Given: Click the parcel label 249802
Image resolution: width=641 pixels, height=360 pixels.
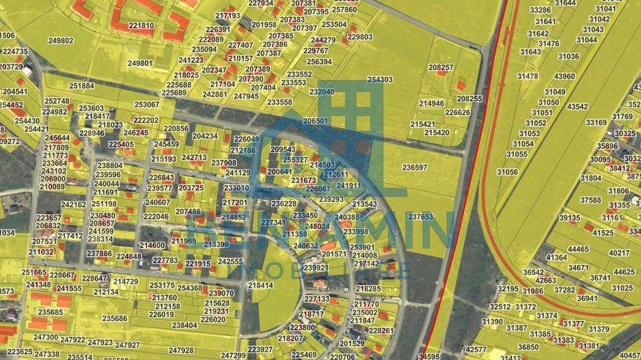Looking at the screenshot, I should click(x=61, y=41).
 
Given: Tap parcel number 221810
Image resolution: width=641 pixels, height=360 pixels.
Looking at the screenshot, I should click(x=141, y=26).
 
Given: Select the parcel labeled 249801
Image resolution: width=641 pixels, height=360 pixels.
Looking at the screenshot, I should click(x=140, y=63).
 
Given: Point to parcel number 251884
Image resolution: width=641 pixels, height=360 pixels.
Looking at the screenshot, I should click(x=81, y=86).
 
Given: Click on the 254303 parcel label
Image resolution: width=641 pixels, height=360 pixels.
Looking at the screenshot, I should click(x=380, y=80).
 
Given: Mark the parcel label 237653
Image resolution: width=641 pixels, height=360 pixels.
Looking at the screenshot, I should click(x=420, y=217).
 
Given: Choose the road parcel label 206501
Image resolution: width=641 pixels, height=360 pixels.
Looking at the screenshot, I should click(x=315, y=121).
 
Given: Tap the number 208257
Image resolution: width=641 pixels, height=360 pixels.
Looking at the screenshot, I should click(x=441, y=68).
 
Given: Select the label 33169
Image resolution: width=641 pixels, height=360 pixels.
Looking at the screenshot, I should click(x=596, y=123).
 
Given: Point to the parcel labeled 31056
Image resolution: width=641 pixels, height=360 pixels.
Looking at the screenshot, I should click(x=507, y=173).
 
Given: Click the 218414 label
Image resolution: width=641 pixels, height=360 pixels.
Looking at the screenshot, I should click(x=260, y=286).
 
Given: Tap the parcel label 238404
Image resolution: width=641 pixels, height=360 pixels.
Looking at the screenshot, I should click(x=184, y=325).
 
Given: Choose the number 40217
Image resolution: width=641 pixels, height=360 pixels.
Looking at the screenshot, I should click(x=619, y=253).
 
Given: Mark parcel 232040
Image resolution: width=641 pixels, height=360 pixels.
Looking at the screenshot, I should click(x=322, y=92).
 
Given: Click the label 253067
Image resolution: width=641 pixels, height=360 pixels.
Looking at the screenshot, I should click(x=146, y=105).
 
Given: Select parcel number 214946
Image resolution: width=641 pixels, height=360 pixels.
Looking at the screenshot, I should click(x=431, y=103).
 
